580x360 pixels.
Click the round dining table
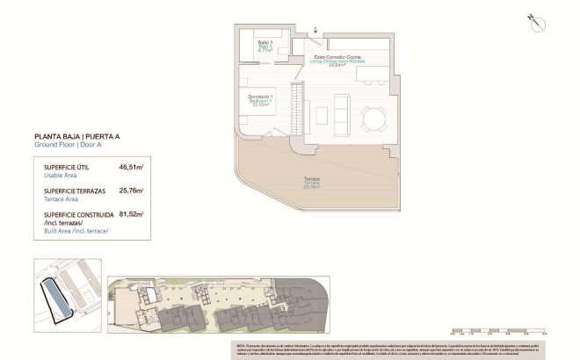tap(374, 117)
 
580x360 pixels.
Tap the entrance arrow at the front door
tap(317, 32)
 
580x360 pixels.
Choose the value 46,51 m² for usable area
tap(131, 166)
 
